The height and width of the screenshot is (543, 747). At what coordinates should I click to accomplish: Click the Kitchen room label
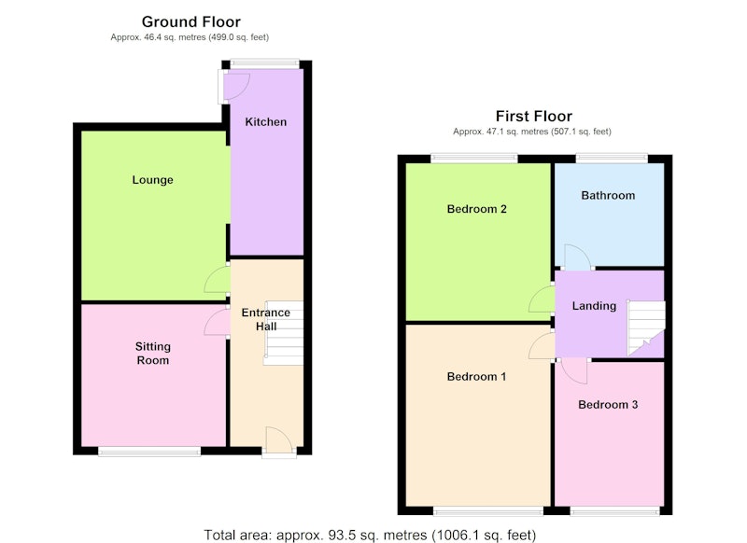pos(266,122)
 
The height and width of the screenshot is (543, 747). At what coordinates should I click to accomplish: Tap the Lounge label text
pos(152,180)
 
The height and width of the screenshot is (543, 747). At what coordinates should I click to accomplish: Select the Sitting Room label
pos(152,353)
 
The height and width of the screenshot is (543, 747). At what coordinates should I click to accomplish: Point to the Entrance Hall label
pos(266,319)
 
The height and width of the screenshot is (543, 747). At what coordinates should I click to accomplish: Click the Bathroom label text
pos(608,195)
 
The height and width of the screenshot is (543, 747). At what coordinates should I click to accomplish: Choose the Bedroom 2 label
pos(476,209)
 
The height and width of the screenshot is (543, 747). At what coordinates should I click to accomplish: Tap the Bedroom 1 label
pos(476,376)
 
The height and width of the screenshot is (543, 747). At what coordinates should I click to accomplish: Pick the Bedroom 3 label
pos(608,405)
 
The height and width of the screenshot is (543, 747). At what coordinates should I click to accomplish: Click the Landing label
pos(594,306)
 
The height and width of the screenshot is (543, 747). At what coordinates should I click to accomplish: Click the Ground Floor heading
pos(191,21)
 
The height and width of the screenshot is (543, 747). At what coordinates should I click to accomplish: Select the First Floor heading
pos(533,116)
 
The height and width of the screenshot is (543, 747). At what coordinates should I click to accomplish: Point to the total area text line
pos(370,535)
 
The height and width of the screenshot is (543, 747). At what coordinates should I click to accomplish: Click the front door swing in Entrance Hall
pos(278,439)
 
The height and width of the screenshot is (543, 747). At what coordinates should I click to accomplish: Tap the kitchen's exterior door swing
pos(237,86)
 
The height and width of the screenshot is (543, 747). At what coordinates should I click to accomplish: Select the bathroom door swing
pos(578,257)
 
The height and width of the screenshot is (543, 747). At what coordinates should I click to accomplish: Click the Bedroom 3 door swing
pos(574,371)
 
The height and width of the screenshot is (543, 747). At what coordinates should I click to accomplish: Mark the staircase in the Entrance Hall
pos(284,333)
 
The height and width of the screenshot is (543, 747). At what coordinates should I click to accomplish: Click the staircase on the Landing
pos(646,328)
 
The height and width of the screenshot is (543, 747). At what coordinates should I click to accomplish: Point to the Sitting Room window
pos(149,452)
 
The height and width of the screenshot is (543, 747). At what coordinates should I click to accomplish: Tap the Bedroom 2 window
pos(474,158)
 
